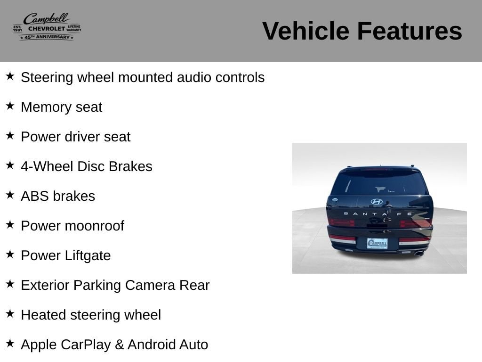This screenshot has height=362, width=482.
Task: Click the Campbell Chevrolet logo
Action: click(x=47, y=27)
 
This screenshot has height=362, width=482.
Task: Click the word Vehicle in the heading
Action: click(x=305, y=31)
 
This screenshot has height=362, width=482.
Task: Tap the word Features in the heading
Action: click(x=410, y=31)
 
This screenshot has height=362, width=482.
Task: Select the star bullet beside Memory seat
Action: click(x=10, y=106)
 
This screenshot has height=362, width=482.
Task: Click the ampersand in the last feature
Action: click(x=119, y=345)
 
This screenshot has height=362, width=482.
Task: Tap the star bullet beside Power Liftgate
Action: click(x=10, y=254)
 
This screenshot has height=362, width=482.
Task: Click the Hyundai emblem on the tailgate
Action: click(x=377, y=202)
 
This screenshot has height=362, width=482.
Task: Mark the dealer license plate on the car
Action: click(x=377, y=243)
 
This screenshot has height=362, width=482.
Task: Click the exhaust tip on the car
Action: click(x=419, y=253)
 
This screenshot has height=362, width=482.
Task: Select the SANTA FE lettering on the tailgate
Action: click(x=378, y=214)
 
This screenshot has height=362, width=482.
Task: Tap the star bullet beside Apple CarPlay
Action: click(x=10, y=344)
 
